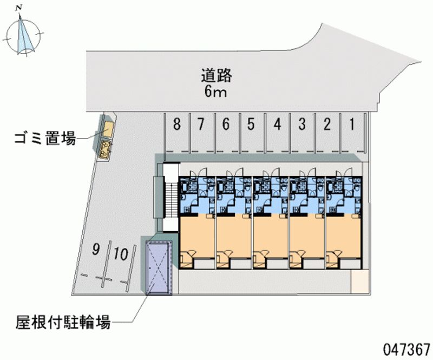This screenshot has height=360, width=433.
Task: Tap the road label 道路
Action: [x=216, y=75]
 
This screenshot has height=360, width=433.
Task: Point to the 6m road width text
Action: [x=215, y=91]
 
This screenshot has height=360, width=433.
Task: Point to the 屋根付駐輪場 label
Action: [x=63, y=322]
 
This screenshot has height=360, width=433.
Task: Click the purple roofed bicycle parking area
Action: [x=159, y=267]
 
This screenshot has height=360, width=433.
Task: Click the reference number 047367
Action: [x=406, y=350]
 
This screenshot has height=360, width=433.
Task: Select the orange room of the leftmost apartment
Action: [x=198, y=235]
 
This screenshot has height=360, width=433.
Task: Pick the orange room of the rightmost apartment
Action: [x=344, y=235]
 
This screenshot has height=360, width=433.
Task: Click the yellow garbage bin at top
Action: [x=109, y=129]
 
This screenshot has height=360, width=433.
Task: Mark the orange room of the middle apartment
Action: [x=271, y=235]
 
